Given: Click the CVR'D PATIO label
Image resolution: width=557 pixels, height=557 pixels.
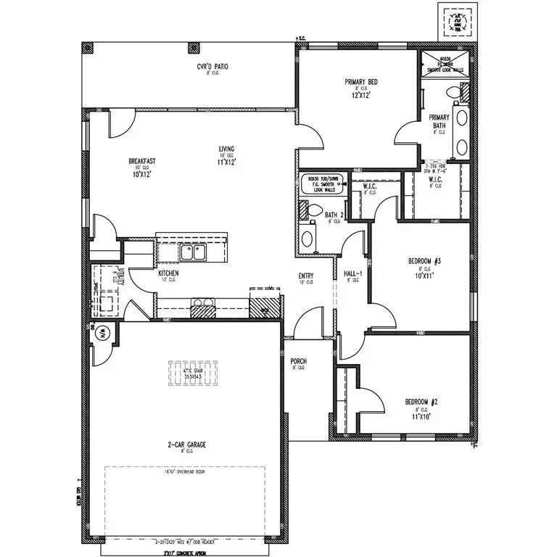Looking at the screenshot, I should pyautogui.click(x=213, y=67).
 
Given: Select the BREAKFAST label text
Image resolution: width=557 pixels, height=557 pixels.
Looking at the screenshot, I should pyautogui.click(x=142, y=161).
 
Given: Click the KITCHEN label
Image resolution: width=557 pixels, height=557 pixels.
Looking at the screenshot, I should pyautogui.click(x=169, y=273).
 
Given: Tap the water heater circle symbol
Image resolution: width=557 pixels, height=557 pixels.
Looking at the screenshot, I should pyautogui.click(x=102, y=333).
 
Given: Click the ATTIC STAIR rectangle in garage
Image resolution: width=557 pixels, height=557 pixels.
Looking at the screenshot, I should pyautogui.click(x=193, y=374).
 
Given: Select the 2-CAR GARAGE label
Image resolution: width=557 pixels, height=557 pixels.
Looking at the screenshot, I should pyautogui.click(x=188, y=445).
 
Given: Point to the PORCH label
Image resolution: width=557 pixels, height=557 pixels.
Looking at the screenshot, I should pyautogui.click(x=298, y=360).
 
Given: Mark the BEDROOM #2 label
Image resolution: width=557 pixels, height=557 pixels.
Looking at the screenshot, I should pyautogui.click(x=421, y=402).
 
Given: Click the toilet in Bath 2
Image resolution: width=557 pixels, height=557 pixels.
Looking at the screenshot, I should pyautogui.click(x=315, y=211).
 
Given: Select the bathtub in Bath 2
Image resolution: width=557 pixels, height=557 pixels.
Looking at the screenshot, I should pyautogui.click(x=323, y=184).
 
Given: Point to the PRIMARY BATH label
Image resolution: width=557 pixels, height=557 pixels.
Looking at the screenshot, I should pyautogui.click(x=439, y=121).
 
